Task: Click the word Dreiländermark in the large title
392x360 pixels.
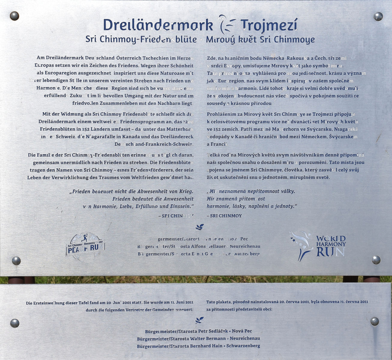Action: [x=158, y=25]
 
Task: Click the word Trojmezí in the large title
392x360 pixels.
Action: [x=269, y=25]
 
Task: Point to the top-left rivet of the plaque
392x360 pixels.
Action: [x=14, y=16]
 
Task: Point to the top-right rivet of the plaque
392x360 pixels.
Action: [x=378, y=16]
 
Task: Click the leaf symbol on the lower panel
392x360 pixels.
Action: [x=199, y=320]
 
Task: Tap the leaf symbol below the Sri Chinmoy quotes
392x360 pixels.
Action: [x=200, y=227]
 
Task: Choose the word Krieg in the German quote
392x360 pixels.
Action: [x=186, y=191]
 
